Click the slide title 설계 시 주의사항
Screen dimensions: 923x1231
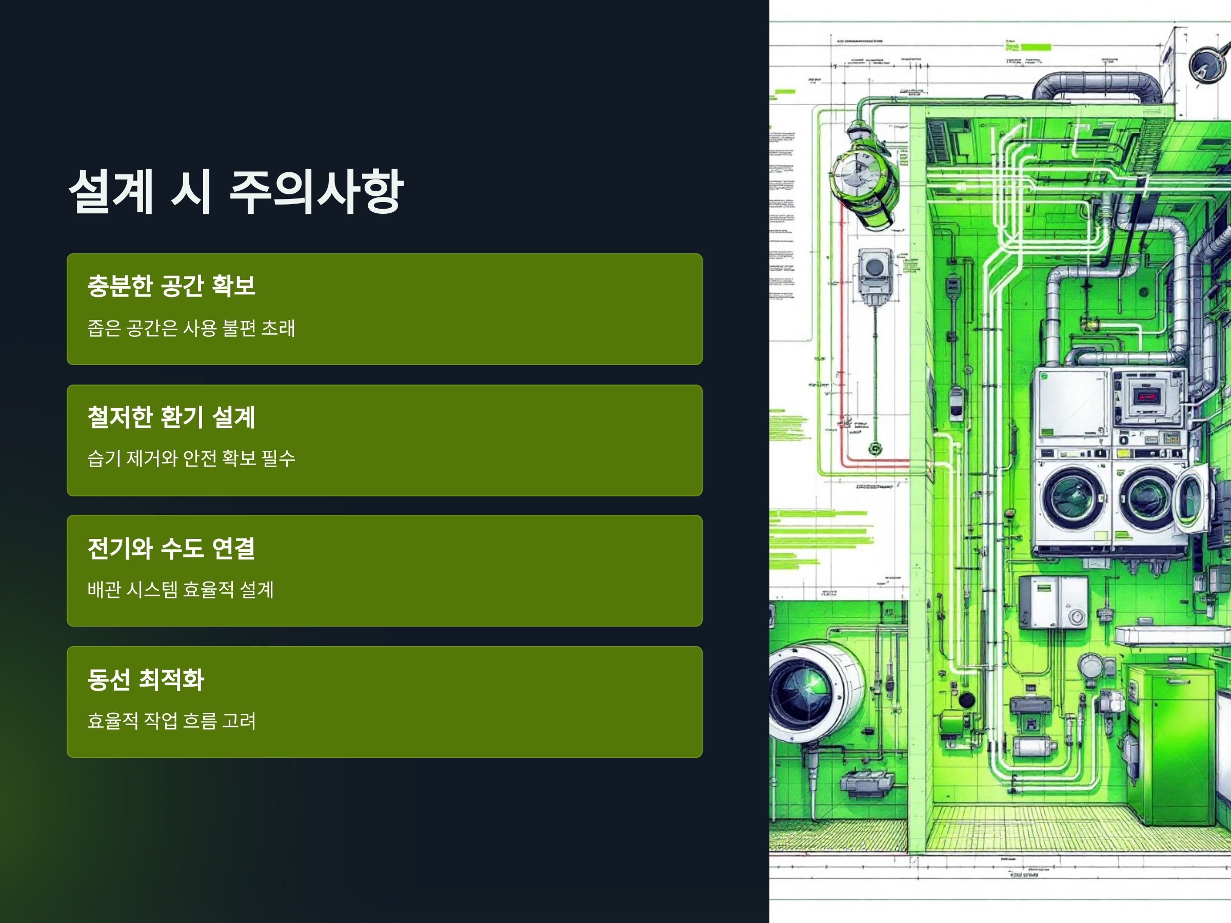click(235, 191)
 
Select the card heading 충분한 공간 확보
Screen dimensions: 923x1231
click(171, 286)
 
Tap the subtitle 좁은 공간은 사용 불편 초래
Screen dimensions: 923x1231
click(191, 328)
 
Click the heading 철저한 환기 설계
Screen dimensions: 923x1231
click(171, 417)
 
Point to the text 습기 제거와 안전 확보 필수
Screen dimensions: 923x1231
click(191, 458)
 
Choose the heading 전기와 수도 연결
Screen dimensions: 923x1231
click(171, 548)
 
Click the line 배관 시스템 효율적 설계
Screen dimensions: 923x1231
click(181, 589)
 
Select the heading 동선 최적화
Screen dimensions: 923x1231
click(146, 679)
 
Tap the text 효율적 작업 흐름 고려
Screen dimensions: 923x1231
click(171, 720)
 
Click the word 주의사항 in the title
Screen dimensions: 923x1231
click(316, 191)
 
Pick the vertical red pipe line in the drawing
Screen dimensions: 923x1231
click(842, 334)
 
